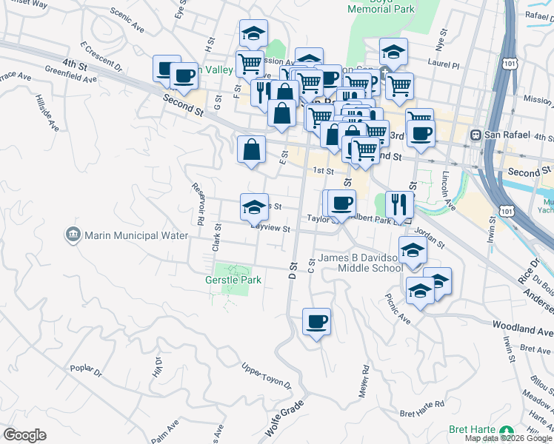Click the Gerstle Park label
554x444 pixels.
click(x=233, y=280)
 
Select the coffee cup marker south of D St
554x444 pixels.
click(x=316, y=321)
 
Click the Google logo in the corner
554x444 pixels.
click(x=24, y=435)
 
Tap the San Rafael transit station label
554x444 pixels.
click(x=507, y=135)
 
